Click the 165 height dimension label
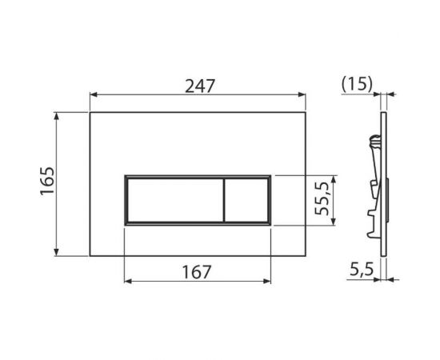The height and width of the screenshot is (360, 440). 46,183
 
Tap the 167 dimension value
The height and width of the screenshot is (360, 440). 197,271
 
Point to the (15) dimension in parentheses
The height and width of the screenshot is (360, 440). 356,84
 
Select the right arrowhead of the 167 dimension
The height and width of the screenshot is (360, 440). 268,283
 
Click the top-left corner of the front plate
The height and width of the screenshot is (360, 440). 90,112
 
